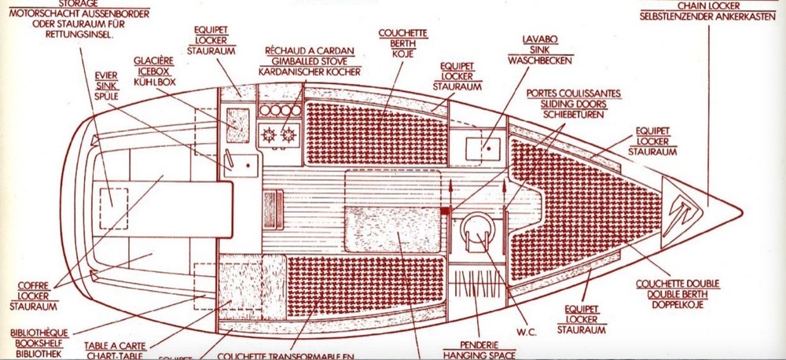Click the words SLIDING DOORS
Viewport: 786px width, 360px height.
point(574,103)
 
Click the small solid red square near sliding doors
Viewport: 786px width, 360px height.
point(445,210)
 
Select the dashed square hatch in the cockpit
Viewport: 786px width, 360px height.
point(111,196)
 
